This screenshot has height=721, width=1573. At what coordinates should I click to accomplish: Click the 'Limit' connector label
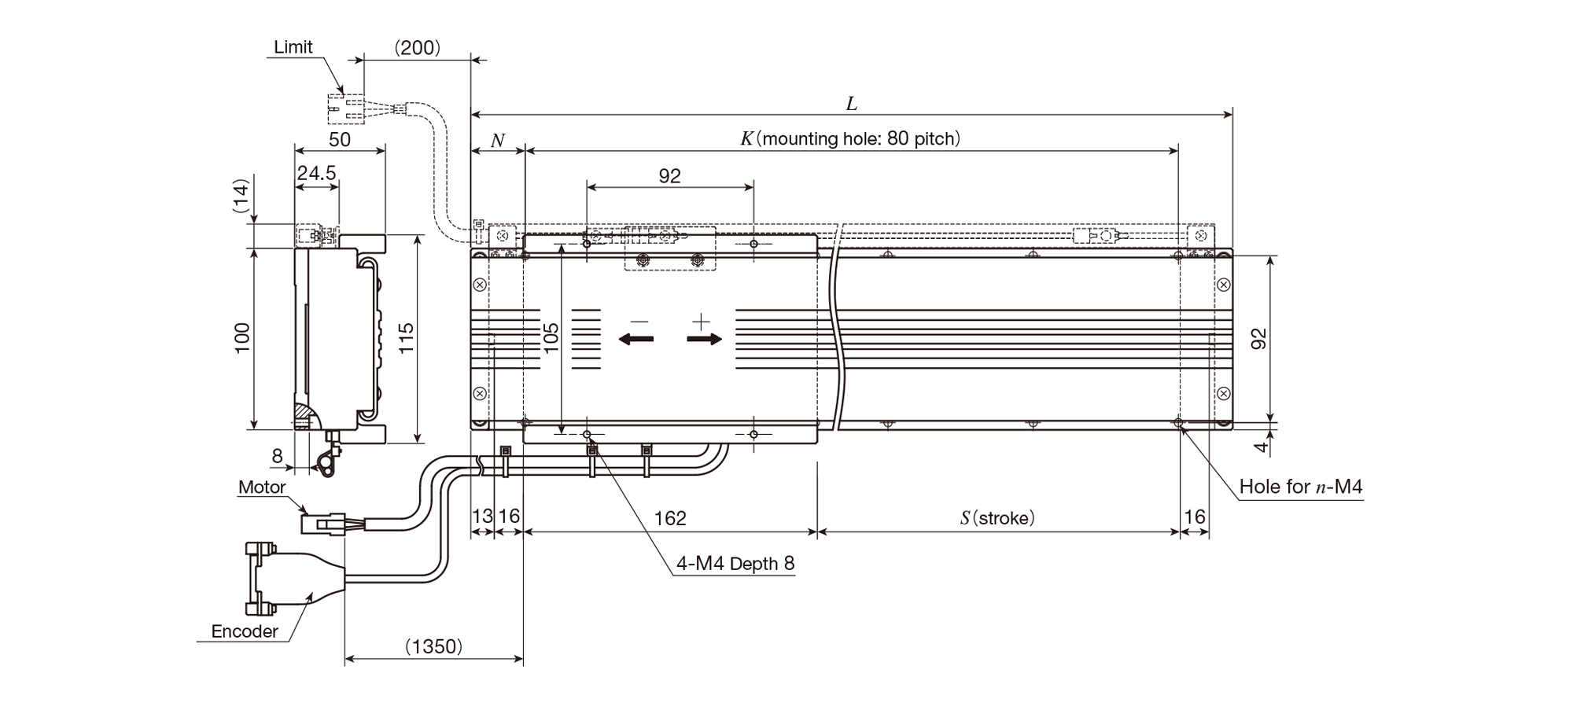(293, 47)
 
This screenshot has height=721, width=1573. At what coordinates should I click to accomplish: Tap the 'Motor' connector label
(262, 487)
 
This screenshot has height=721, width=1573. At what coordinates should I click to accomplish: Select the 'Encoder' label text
(245, 631)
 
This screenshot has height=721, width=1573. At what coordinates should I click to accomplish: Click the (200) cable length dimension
(417, 48)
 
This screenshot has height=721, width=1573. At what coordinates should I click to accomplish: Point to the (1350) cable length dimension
(433, 646)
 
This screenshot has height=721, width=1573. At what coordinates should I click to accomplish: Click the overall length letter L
(851, 104)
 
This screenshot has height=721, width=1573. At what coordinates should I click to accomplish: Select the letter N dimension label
(497, 141)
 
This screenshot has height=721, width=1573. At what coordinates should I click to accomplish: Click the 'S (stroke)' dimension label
(997, 518)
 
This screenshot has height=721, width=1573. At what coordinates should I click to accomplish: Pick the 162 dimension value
(670, 518)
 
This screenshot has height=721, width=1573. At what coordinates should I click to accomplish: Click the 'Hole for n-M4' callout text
(1301, 487)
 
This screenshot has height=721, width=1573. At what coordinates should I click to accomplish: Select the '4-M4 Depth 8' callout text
(735, 564)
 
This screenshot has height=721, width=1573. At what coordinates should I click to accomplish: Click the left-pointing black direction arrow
(636, 339)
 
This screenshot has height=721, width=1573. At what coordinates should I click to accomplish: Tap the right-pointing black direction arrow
(704, 339)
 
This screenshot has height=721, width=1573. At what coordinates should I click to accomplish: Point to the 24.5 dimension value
(316, 173)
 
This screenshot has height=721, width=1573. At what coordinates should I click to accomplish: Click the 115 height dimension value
(406, 338)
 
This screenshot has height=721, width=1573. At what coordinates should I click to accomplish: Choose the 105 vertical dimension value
(551, 337)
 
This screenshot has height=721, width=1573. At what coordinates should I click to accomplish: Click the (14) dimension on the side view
(241, 196)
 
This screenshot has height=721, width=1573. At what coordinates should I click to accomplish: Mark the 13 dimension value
(481, 517)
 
